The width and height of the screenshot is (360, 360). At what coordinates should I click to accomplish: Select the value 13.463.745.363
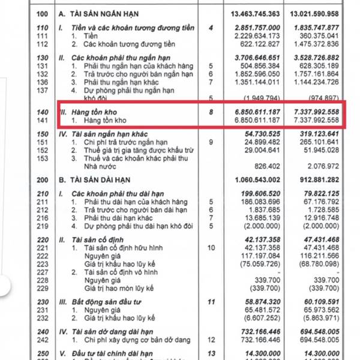point(255,12)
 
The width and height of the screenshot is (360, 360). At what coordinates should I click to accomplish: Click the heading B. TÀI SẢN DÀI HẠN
point(102,179)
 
